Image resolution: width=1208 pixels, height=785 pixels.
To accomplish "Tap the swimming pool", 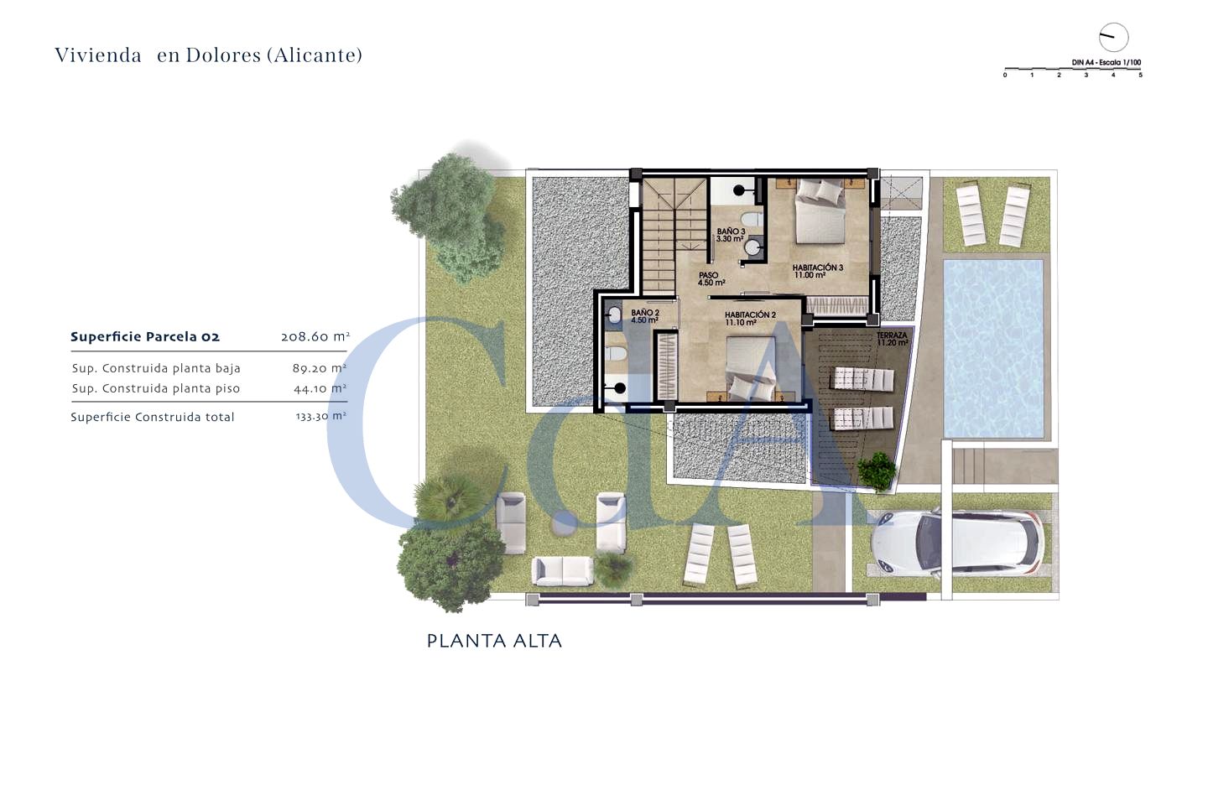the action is (x=993, y=349).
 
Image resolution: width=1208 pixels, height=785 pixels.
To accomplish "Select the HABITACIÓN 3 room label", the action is (x=818, y=271).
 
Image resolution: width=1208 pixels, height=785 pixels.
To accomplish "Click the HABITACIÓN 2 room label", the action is (x=750, y=319).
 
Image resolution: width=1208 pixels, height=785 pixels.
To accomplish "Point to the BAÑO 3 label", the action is (x=731, y=235).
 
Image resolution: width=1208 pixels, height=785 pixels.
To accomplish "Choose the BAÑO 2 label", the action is (x=645, y=316).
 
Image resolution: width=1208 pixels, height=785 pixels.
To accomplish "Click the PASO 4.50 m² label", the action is (x=711, y=278).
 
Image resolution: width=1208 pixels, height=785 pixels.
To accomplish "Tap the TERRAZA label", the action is (x=892, y=339).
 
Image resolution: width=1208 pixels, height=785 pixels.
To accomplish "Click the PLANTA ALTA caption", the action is (x=495, y=641).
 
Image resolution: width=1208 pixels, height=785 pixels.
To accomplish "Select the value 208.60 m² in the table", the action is (x=315, y=337).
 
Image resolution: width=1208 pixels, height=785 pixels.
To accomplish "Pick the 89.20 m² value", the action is (x=320, y=368).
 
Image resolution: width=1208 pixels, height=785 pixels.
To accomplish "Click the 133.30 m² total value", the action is (x=320, y=416).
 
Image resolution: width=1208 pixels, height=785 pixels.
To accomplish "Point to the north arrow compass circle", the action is (x=1114, y=38).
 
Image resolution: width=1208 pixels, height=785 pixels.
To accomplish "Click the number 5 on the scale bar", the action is (x=1140, y=75).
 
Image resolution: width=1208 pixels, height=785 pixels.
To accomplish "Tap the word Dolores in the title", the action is (x=223, y=55).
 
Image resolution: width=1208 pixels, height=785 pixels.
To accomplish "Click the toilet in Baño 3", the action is (x=752, y=220).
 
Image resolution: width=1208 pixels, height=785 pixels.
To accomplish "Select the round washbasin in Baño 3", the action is (x=752, y=247).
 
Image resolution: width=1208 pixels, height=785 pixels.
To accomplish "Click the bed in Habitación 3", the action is (x=820, y=211).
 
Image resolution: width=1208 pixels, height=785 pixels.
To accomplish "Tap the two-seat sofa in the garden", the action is (x=562, y=571).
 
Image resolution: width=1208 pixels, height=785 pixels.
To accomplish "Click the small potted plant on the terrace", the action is (x=877, y=470).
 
